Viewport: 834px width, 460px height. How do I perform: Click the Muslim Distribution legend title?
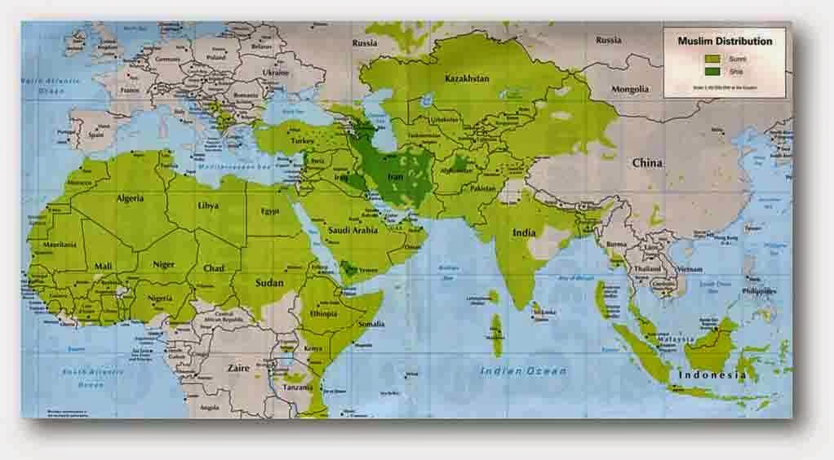click(725, 40)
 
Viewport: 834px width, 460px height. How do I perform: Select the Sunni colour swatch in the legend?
click(712, 59)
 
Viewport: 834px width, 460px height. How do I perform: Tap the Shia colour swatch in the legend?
click(712, 71)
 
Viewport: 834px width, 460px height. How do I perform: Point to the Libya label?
click(208, 205)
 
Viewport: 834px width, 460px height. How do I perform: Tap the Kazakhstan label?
click(467, 79)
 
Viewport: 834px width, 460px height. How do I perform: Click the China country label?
click(647, 163)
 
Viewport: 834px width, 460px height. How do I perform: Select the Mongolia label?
click(630, 89)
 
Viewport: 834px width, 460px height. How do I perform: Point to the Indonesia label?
click(712, 374)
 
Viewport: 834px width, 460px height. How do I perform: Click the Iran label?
click(395, 176)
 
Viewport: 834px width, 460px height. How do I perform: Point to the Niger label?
click(164, 265)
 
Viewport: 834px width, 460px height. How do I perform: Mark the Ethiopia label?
click(330, 312)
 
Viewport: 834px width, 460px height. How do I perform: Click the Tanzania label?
click(299, 388)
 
